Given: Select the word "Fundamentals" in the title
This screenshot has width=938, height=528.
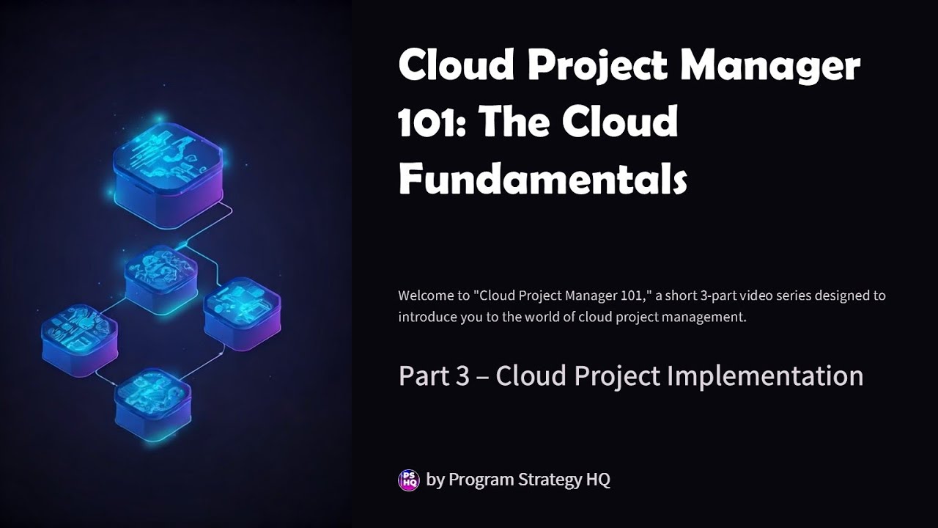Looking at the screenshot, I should click(x=542, y=178).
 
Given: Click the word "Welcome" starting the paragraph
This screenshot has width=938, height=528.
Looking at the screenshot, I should click(x=423, y=296).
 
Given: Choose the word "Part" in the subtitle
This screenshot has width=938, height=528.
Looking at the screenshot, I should click(x=420, y=375).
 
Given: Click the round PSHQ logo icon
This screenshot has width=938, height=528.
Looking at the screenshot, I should click(x=408, y=480).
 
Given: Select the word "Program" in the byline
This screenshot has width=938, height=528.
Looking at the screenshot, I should click(x=481, y=480).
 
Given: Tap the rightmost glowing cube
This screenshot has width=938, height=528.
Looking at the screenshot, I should click(x=242, y=312).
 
